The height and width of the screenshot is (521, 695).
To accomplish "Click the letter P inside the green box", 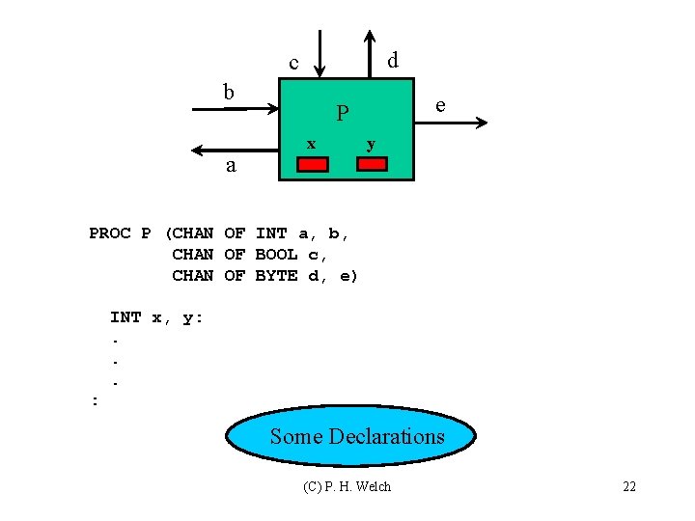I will click(342, 115).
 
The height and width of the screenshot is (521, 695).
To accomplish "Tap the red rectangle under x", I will click(312, 163).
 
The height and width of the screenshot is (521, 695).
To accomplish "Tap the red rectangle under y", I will click(371, 163).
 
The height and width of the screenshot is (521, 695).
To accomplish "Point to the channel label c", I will click(294, 64).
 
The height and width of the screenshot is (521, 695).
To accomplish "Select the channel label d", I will click(393, 60).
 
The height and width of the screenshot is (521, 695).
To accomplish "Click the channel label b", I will click(229, 93).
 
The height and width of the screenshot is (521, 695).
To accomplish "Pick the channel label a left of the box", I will click(230, 165).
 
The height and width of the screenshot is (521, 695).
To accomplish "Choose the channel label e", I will click(440, 104).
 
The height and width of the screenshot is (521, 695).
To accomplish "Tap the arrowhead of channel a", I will click(198, 151).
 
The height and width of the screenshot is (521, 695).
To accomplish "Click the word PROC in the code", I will click(109, 233).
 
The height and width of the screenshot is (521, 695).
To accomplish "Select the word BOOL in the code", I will click(276, 255).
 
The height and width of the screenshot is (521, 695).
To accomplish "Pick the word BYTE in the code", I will click(276, 276).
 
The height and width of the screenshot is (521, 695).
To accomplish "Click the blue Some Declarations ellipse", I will click(351, 436).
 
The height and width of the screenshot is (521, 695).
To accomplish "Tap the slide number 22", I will click(628, 486).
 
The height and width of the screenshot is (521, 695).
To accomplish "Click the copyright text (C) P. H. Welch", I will click(347, 486).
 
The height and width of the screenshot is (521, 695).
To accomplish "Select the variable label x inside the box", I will click(311, 144).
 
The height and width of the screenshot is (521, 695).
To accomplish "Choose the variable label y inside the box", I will click(371, 145).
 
